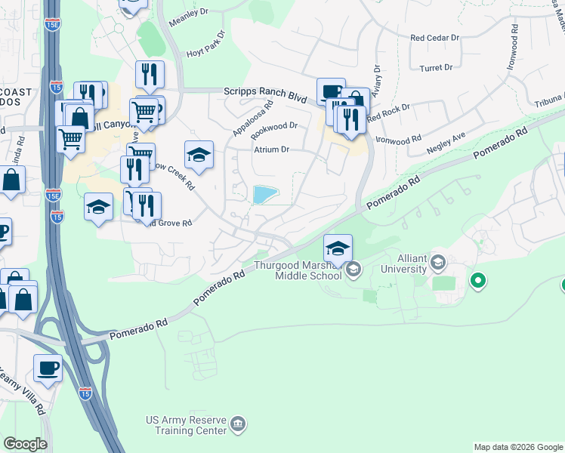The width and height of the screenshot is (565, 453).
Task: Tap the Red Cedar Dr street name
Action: pos(434,37)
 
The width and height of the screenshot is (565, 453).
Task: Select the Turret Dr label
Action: pos(437,67)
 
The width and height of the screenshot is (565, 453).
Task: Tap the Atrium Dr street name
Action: pos(271,149)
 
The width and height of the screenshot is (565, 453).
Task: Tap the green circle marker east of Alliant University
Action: pos(477,282)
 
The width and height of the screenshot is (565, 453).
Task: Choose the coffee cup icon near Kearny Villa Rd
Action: pos(48,368)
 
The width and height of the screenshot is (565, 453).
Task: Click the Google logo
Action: pos(25,444)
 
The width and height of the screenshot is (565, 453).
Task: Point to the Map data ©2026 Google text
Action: pos(518,447)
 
